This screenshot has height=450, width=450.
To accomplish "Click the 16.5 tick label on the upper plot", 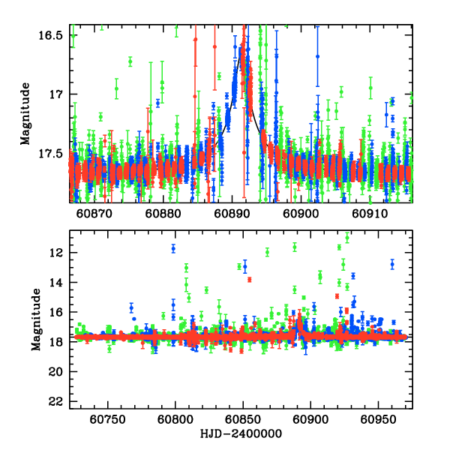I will coord(53,36).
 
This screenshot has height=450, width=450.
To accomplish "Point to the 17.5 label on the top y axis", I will coord(53,153).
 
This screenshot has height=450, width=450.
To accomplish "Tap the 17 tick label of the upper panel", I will coord(58,94).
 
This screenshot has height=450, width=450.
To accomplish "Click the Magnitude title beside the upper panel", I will coord(25,114).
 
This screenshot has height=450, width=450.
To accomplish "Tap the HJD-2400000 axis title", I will coord(240,433).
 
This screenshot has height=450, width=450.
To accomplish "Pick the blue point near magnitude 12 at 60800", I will coord(173,248).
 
